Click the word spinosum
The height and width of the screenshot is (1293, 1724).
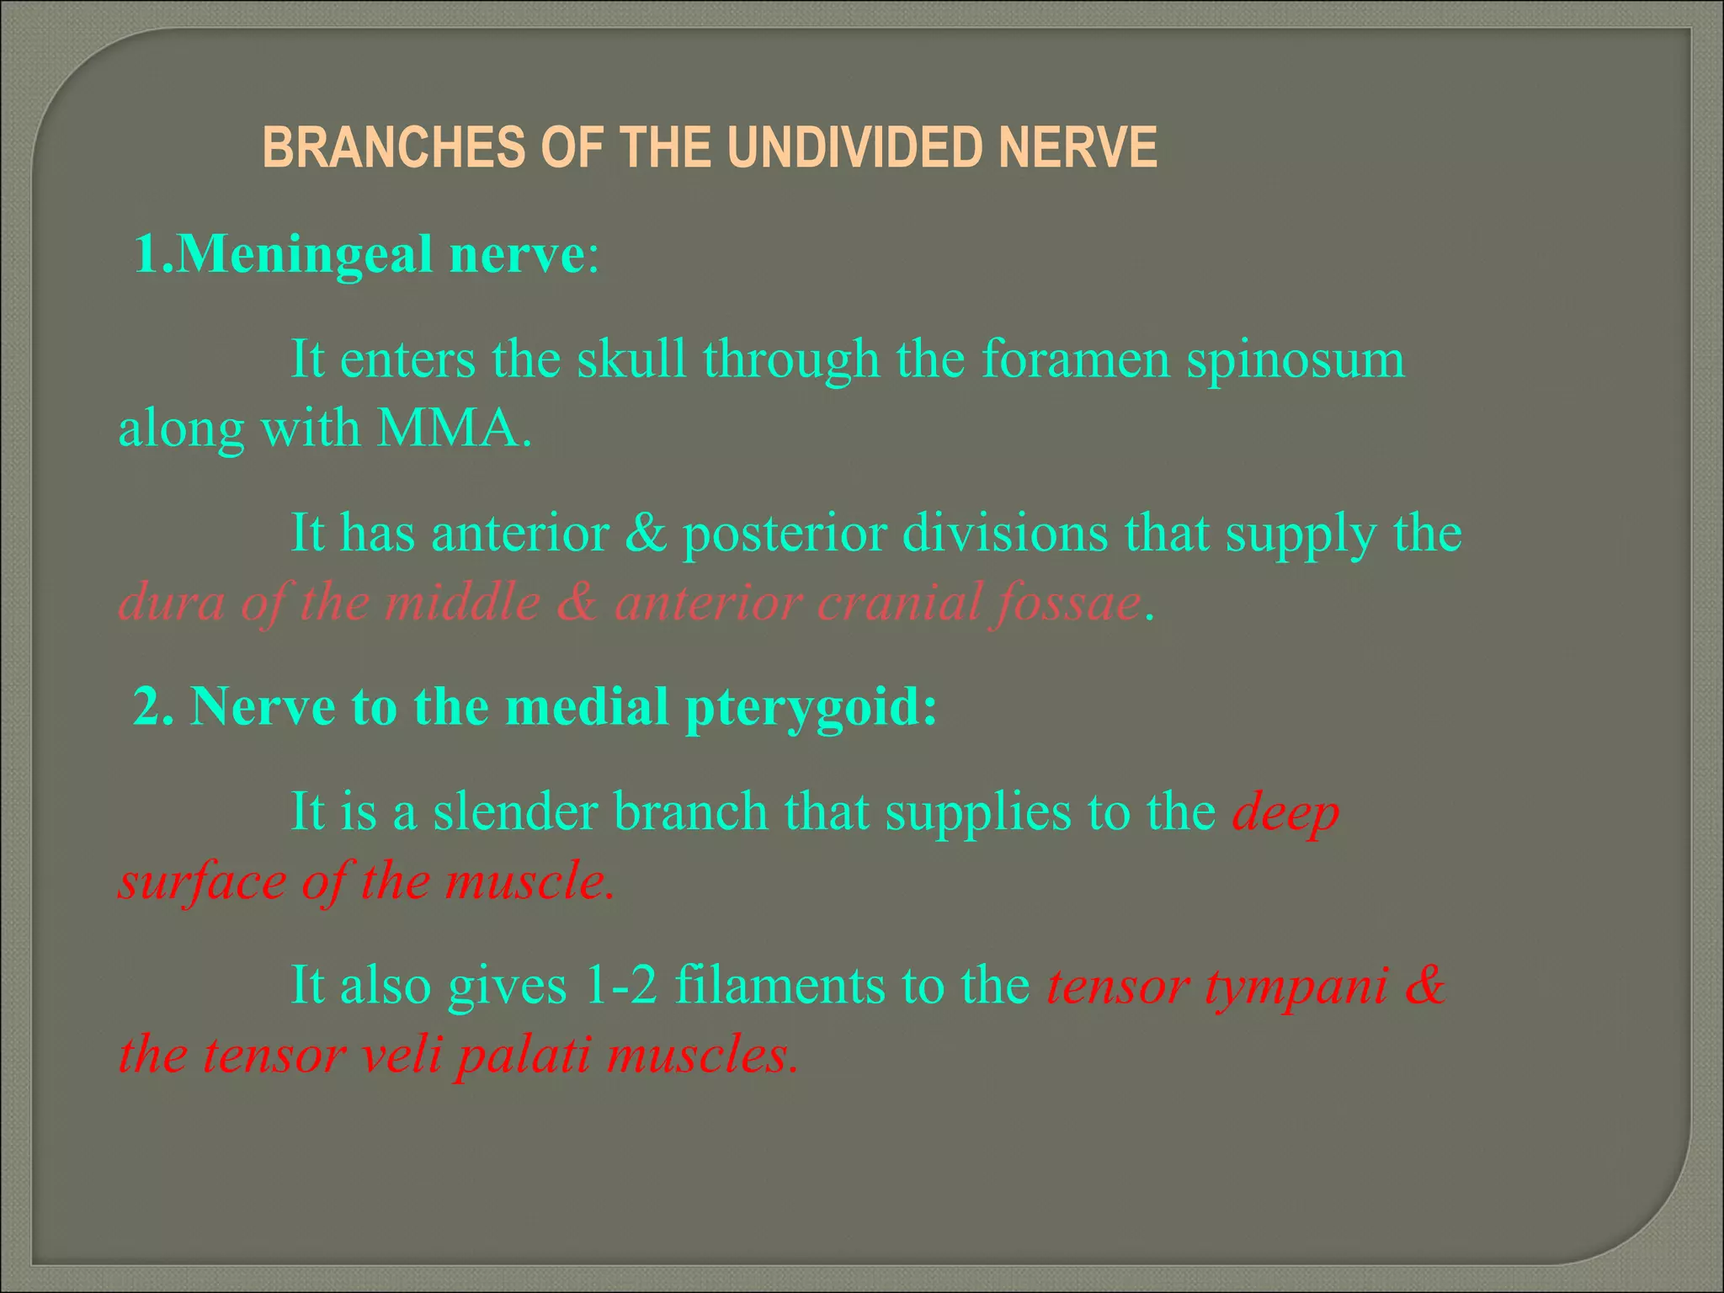click(1296, 359)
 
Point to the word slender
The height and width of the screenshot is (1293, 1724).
click(515, 812)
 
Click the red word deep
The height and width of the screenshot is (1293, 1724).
click(1285, 814)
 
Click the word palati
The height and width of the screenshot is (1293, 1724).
click(523, 1055)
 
